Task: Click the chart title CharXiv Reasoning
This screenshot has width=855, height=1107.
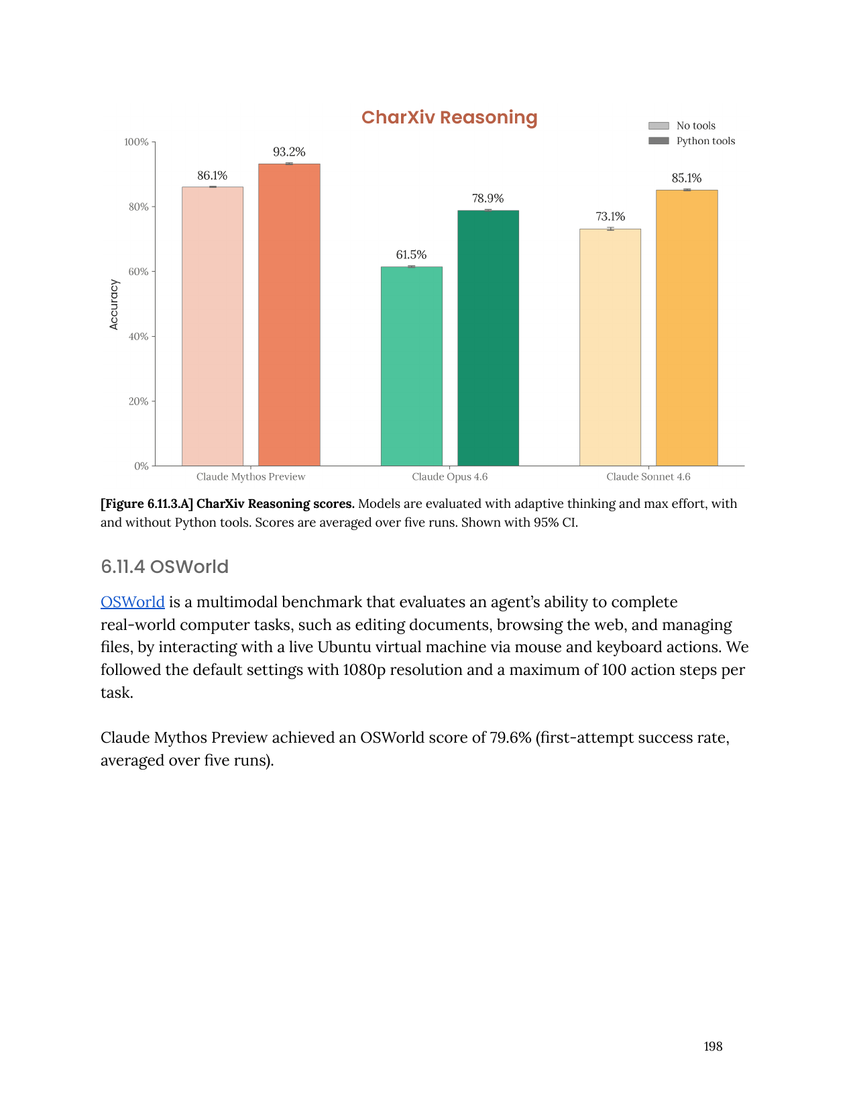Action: point(449,117)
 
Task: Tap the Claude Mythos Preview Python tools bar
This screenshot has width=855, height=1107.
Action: point(289,315)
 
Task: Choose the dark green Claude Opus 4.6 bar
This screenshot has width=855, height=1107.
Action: point(488,338)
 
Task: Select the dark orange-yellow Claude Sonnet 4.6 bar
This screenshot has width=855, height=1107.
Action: point(687,328)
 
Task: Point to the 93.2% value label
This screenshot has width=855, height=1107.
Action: point(289,152)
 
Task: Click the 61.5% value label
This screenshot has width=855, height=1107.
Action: point(411,255)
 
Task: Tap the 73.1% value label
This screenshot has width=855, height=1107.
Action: point(610,217)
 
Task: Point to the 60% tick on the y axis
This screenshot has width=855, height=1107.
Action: point(139,272)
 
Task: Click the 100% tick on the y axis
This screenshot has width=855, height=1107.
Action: point(137,142)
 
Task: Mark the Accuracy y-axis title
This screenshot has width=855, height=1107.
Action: point(114,305)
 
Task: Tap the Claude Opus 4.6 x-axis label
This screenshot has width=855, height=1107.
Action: point(449,477)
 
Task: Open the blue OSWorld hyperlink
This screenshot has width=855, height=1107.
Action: point(133,602)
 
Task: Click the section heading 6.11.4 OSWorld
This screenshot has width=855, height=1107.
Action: point(164,567)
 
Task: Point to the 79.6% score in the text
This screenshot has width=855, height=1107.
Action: point(510,737)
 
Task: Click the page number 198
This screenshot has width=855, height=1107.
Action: point(713,1047)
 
